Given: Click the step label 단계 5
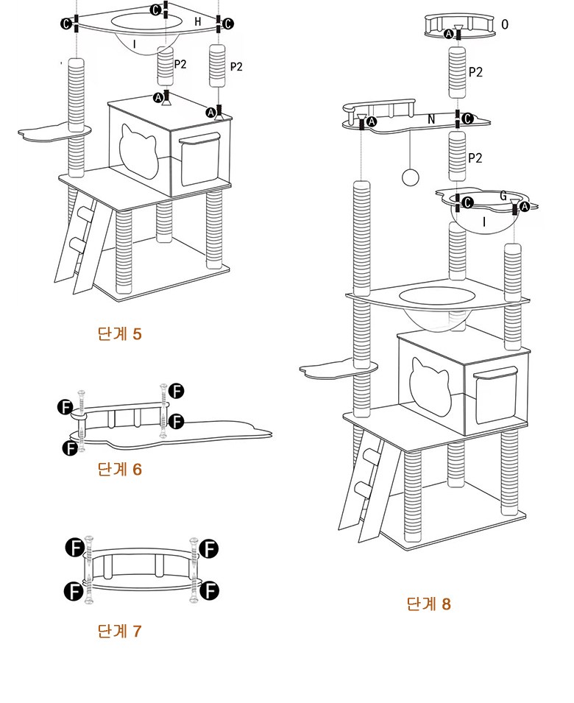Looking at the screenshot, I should click(119, 333).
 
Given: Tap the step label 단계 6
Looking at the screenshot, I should click(119, 469).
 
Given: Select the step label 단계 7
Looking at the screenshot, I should click(119, 631).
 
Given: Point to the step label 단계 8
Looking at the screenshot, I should click(428, 604).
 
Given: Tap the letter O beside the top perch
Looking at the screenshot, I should click(504, 24).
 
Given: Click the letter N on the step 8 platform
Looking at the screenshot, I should click(431, 117).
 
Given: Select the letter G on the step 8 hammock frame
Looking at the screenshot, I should click(503, 196).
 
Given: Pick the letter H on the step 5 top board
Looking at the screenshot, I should click(197, 22).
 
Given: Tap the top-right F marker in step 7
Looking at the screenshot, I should click(210, 548).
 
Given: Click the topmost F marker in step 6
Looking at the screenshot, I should click(177, 390).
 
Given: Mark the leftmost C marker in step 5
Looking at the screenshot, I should click(67, 25).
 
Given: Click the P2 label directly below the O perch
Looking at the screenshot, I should click(476, 71).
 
